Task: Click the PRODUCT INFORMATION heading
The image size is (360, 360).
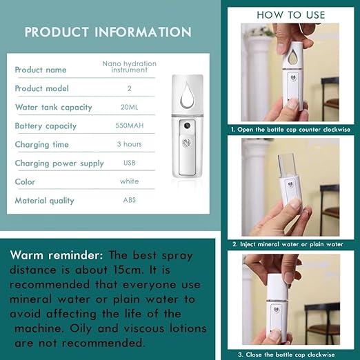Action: [108, 32]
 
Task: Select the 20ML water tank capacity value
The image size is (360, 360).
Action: [129, 107]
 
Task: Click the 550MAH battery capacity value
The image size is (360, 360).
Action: [129, 126]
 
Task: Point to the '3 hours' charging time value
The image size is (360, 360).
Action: [129, 144]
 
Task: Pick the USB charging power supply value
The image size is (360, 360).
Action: [129, 163]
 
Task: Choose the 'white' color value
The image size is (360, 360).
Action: [129, 181]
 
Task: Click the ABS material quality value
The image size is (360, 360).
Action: [129, 200]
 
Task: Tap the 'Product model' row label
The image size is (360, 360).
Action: [43, 88]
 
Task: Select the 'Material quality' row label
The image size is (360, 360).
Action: [44, 201]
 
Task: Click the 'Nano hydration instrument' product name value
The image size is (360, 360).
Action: [129, 67]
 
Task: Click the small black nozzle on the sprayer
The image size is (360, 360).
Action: [186, 128]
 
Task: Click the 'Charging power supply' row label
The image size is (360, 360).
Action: [59, 163]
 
